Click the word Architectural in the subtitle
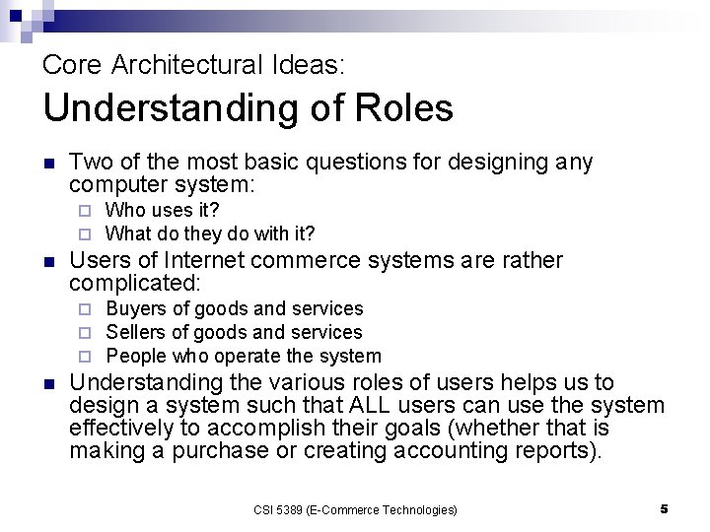[x=186, y=66]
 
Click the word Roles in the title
[x=398, y=108]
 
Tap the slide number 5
[x=664, y=508]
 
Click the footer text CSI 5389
[x=280, y=509]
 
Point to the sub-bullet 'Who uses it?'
[x=162, y=210]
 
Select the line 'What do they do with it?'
[x=210, y=233]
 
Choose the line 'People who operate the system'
[x=243, y=357]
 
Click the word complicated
[x=135, y=284]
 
